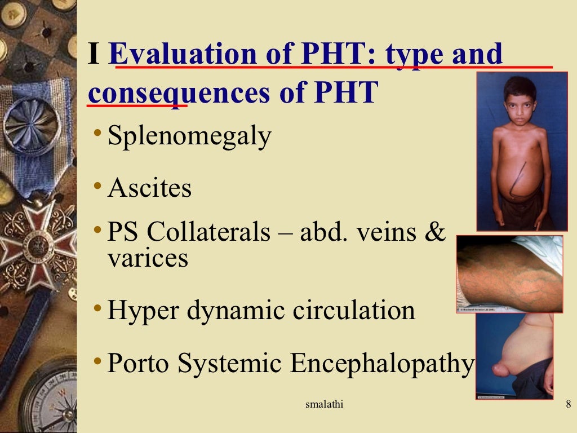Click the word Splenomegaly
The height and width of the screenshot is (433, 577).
pos(189,137)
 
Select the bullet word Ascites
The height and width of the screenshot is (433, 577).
pos(149,188)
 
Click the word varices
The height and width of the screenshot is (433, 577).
pos(148,258)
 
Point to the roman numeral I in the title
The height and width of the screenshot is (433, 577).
pos(95,55)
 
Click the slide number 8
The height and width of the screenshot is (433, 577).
pos(567,405)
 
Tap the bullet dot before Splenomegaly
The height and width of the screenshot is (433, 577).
pos(99,133)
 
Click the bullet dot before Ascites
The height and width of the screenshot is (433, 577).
pos(99,185)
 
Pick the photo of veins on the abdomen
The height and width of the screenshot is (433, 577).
pos(509,274)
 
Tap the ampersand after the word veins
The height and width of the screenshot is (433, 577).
pos(434,232)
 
